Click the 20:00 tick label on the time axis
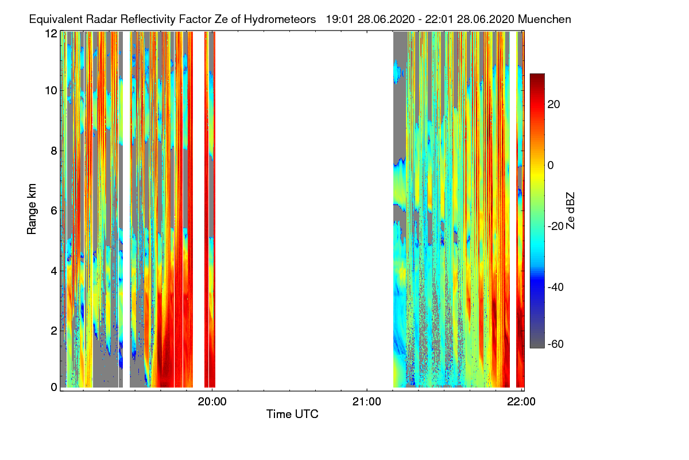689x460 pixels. (212, 402)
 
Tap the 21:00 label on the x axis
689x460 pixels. (367, 402)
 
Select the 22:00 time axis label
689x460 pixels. (521, 402)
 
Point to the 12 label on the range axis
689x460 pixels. (51, 33)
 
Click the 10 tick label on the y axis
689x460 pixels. (51, 91)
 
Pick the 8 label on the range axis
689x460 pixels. (54, 151)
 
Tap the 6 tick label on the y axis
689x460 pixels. (54, 211)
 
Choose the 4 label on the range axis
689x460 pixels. (54, 271)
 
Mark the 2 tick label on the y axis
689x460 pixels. (54, 331)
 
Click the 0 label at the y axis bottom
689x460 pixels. (54, 388)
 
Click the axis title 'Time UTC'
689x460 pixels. (292, 414)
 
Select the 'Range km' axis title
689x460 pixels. (32, 209)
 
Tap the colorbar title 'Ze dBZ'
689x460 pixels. (570, 210)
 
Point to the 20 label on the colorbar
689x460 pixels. (553, 105)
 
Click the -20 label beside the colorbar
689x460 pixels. (556, 227)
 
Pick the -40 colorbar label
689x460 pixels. (556, 287)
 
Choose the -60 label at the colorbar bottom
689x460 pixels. (556, 344)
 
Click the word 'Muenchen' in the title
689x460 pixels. (544, 20)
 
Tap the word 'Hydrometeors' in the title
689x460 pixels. (280, 20)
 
